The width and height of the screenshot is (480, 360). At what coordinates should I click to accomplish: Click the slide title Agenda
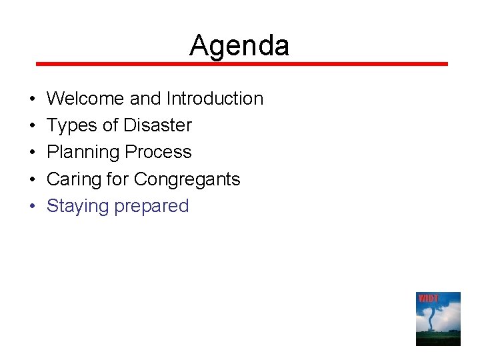tap(239, 46)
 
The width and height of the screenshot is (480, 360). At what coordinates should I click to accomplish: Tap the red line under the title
tap(241, 64)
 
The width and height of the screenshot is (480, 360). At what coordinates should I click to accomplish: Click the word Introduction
tap(215, 99)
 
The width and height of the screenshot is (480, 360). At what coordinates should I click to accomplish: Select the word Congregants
tap(187, 179)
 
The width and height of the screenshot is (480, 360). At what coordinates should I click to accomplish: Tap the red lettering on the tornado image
tap(428, 298)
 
